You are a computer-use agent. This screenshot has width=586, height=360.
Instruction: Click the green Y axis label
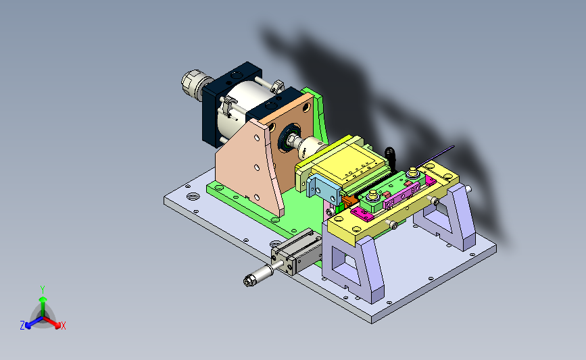(x=43, y=290)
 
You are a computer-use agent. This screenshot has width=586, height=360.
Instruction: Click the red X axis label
(x=63, y=326)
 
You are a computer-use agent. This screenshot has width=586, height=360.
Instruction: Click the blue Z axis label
(x=22, y=326)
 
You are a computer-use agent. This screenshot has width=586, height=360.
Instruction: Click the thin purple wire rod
(x=435, y=157)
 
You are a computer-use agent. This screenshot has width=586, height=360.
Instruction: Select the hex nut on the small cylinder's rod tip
(x=248, y=281)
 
